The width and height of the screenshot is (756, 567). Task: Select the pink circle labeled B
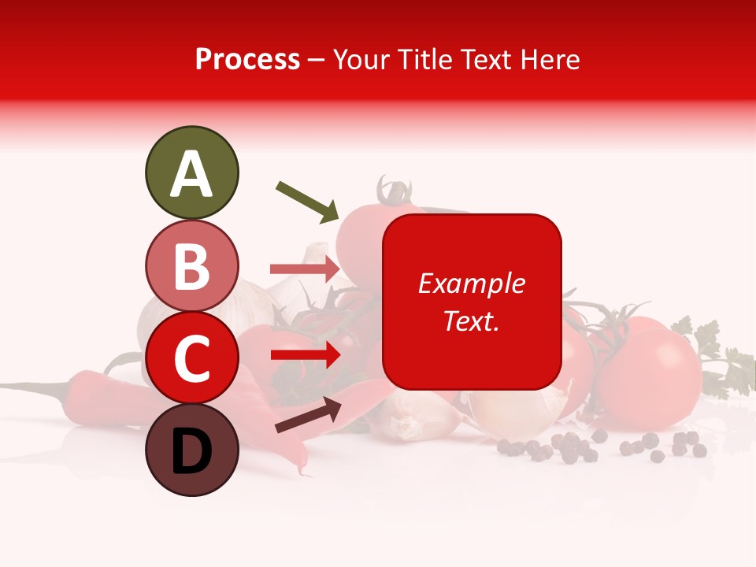click(191, 266)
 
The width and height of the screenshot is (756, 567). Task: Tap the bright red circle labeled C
click(191, 358)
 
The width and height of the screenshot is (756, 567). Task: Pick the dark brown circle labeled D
click(191, 450)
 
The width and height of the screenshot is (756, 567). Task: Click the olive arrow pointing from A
click(307, 200)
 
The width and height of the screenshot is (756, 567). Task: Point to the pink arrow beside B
click(305, 269)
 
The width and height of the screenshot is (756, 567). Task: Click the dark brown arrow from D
click(308, 415)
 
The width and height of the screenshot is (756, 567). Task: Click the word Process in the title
click(247, 59)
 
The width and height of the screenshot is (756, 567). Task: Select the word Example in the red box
click(471, 283)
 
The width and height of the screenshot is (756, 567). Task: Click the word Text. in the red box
click(471, 321)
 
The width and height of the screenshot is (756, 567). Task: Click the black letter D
click(191, 451)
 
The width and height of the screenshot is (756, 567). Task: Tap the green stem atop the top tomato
click(393, 191)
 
